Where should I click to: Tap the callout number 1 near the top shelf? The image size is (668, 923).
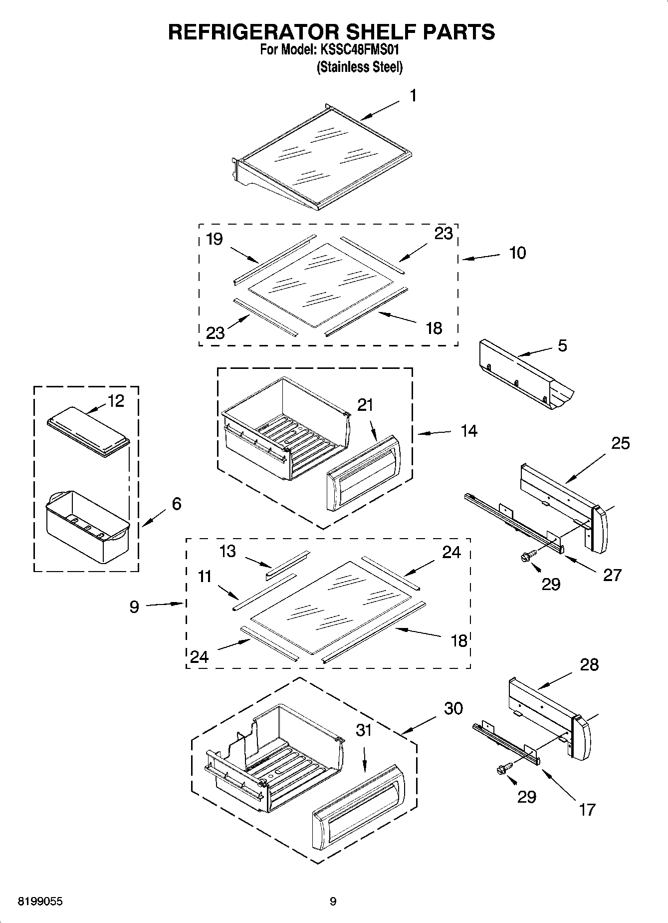[413, 95]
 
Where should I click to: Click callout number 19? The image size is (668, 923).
[214, 239]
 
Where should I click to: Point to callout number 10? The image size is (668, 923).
[517, 253]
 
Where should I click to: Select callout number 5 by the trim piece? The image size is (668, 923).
[562, 345]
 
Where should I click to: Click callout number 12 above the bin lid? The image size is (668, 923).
[116, 401]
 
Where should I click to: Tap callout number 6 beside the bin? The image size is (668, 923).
[177, 504]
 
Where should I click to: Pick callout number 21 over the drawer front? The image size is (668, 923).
[365, 405]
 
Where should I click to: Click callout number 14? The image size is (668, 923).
[469, 431]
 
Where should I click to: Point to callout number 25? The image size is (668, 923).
[621, 443]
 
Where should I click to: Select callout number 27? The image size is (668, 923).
[613, 575]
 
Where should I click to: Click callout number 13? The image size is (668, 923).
[227, 552]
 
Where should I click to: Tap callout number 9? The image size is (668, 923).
[134, 607]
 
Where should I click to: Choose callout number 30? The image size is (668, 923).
[453, 708]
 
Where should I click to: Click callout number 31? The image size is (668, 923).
[364, 730]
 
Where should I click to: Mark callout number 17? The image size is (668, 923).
[587, 809]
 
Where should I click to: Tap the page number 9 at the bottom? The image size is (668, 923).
[333, 902]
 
